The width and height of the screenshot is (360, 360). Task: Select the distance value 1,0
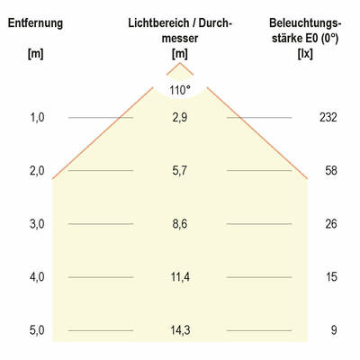click(35, 118)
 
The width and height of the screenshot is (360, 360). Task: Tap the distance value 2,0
click(35, 171)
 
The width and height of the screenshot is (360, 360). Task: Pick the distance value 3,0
click(35, 224)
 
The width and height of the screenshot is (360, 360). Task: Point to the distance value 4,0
click(35, 277)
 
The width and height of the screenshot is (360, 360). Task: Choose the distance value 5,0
click(35, 330)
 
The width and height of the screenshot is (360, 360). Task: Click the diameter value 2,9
click(181, 118)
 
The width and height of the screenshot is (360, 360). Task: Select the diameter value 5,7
click(181, 171)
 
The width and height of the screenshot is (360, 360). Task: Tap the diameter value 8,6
click(181, 224)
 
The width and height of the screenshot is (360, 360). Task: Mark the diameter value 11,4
click(181, 277)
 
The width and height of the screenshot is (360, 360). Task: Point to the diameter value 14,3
click(181, 330)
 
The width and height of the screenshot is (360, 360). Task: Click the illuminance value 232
click(327, 118)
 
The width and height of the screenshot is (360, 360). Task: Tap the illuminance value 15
click(332, 277)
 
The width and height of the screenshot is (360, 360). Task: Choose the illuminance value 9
click(333, 330)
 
